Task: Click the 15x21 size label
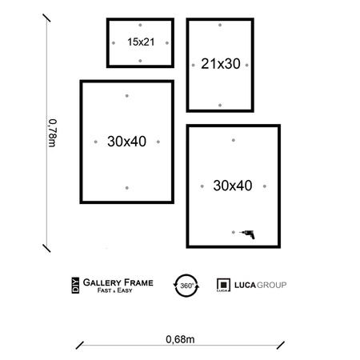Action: pyautogui.click(x=141, y=42)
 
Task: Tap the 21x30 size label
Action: pyautogui.click(x=221, y=64)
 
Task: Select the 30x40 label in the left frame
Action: pyautogui.click(x=126, y=142)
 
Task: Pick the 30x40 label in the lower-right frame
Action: pyautogui.click(x=233, y=186)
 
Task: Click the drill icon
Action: pyautogui.click(x=247, y=234)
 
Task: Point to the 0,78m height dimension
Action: pyautogui.click(x=52, y=133)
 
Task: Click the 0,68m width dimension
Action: pyautogui.click(x=180, y=339)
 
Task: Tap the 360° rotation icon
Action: pyautogui.click(x=186, y=286)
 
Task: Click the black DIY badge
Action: pyautogui.click(x=75, y=286)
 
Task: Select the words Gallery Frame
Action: pyautogui.click(x=118, y=282)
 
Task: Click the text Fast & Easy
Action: pyautogui.click(x=114, y=290)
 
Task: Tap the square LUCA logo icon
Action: pyautogui.click(x=223, y=285)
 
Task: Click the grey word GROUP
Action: pyautogui.click(x=271, y=285)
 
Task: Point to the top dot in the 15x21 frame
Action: pyautogui.click(x=140, y=25)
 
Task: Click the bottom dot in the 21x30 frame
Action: pyautogui.click(x=220, y=106)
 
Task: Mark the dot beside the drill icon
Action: pyautogui.click(x=234, y=232)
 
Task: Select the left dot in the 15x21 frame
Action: pyautogui.click(x=114, y=43)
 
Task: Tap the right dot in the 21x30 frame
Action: pyautogui.click(x=246, y=65)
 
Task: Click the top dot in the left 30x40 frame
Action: pyautogui.click(x=127, y=96)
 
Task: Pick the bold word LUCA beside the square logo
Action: pyautogui.click(x=245, y=285)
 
